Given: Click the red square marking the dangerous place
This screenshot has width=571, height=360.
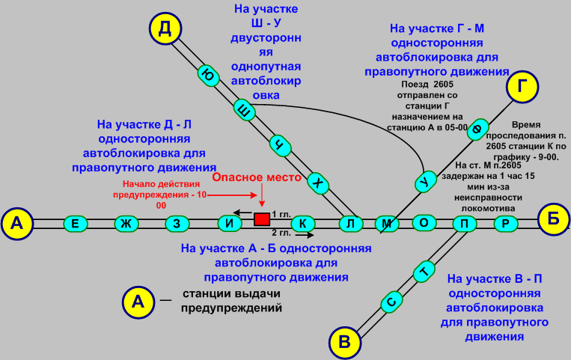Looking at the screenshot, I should coord(262,219).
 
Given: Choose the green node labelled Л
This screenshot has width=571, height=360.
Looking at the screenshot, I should coord(350,223).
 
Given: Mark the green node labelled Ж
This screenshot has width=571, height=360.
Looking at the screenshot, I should coord(126,223).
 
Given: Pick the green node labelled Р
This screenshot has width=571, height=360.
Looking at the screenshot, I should coord(507,223).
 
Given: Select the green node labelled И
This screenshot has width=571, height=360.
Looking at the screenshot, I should coord(230,223).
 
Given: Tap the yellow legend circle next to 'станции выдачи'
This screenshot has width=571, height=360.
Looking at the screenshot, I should coord(137,302).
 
